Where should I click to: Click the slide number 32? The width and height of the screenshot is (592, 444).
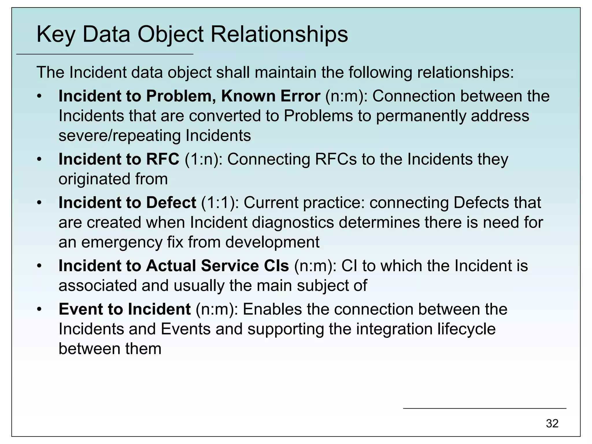point(552,423)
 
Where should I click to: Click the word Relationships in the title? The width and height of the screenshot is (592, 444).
point(279,35)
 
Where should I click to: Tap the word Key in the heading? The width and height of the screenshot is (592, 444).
point(56,35)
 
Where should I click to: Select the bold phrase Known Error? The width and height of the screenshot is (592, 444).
point(271,96)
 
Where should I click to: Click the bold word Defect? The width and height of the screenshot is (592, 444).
point(171,202)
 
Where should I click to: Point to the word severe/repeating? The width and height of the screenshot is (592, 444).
point(119,135)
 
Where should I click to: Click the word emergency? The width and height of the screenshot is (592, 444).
point(122,242)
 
